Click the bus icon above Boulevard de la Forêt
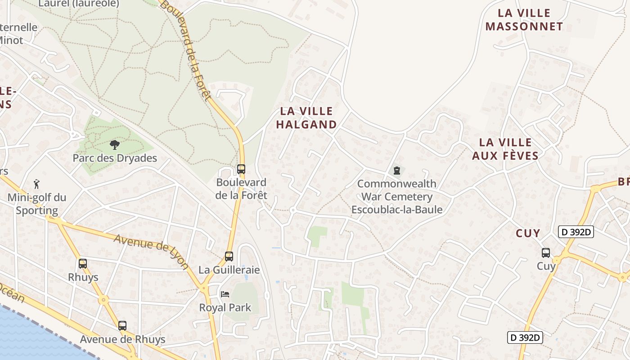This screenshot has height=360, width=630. point(241,169)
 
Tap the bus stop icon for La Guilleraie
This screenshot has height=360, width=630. point(229,256)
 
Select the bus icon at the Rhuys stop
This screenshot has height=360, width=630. point(83,264)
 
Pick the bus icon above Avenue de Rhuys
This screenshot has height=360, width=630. point(122,326)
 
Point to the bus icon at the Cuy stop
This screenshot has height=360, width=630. point(546,253)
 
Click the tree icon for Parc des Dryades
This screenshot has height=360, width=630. point(115,145)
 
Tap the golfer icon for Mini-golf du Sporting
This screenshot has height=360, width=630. point(37,184)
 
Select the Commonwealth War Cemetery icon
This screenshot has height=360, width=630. point(397,171)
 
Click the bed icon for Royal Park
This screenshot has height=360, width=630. point(225,294)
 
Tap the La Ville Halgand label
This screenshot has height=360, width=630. point(306,118)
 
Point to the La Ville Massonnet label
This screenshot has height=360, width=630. point(524,20)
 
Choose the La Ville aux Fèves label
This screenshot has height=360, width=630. point(505,149)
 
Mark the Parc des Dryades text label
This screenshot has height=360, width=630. point(115,158)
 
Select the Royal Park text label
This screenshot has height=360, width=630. point(225,308)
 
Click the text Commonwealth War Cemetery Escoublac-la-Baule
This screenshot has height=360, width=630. point(397,197)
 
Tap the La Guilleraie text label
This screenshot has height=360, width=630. point(229,270)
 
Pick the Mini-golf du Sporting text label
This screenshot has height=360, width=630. point(37,204)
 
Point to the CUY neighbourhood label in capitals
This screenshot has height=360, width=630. point(528,233)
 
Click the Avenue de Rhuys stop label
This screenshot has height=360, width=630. point(122,339)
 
